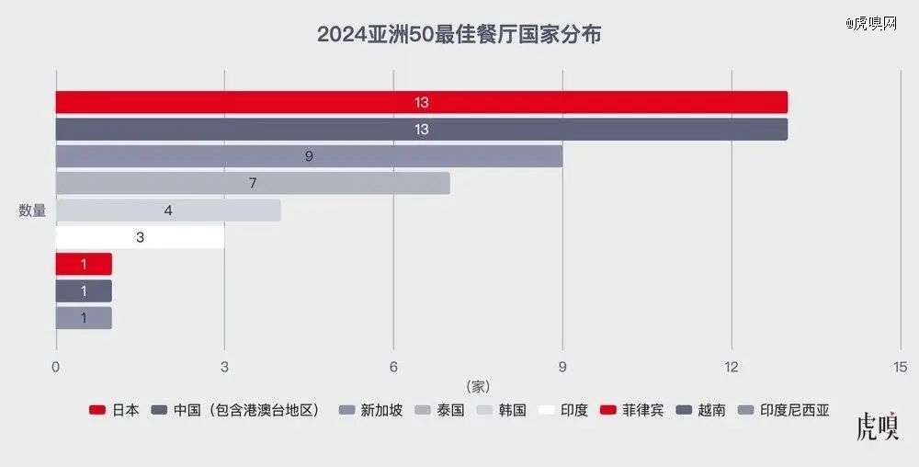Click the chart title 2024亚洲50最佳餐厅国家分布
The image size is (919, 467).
(x=459, y=35)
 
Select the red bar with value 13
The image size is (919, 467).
(x=421, y=102)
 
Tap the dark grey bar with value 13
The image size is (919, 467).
(x=421, y=130)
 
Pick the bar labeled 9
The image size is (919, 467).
(x=309, y=156)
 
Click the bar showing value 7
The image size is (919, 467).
(x=253, y=183)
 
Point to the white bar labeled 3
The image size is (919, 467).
(x=140, y=237)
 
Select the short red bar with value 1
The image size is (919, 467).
(x=84, y=264)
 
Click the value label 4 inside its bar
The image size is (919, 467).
(x=168, y=211)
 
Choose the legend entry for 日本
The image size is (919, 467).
(x=115, y=410)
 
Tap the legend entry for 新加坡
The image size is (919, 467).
(x=371, y=410)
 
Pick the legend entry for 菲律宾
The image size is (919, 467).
(x=631, y=410)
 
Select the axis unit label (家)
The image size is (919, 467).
(x=478, y=385)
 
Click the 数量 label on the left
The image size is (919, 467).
(x=32, y=211)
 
